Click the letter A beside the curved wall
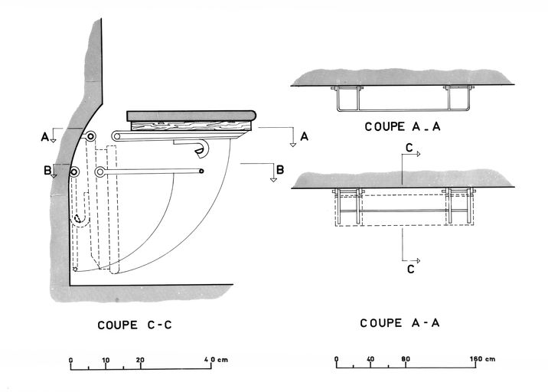(x=45, y=137)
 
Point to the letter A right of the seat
(x=304, y=136)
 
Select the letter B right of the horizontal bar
(x=280, y=169)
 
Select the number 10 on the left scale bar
(x=106, y=359)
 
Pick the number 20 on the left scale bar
(x=140, y=359)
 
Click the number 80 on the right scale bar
(x=406, y=358)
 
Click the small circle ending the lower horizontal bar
(x=201, y=171)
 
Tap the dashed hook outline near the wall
(x=79, y=219)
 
